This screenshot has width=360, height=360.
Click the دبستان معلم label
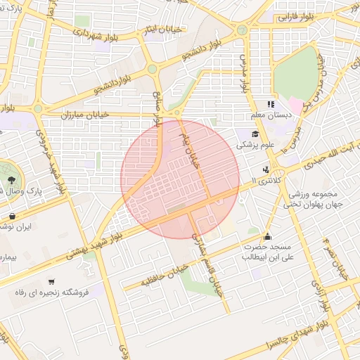(266, 115)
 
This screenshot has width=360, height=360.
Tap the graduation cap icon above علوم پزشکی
(254, 134)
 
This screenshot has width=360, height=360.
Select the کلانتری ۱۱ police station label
(263, 181)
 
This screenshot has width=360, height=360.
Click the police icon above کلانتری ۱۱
(266, 169)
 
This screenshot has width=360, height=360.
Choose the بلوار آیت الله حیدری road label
(326, 159)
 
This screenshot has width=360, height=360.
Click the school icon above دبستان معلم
(270, 104)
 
